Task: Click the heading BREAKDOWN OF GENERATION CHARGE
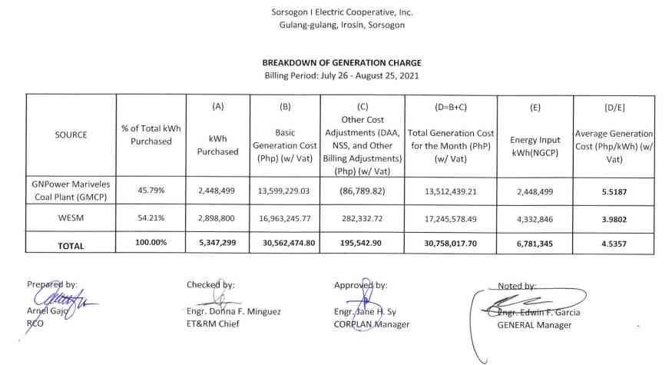[342, 62]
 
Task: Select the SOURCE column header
[71, 134]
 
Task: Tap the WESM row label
[71, 218]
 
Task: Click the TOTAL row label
[71, 246]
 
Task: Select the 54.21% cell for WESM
[151, 218]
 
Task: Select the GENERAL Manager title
[535, 325]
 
